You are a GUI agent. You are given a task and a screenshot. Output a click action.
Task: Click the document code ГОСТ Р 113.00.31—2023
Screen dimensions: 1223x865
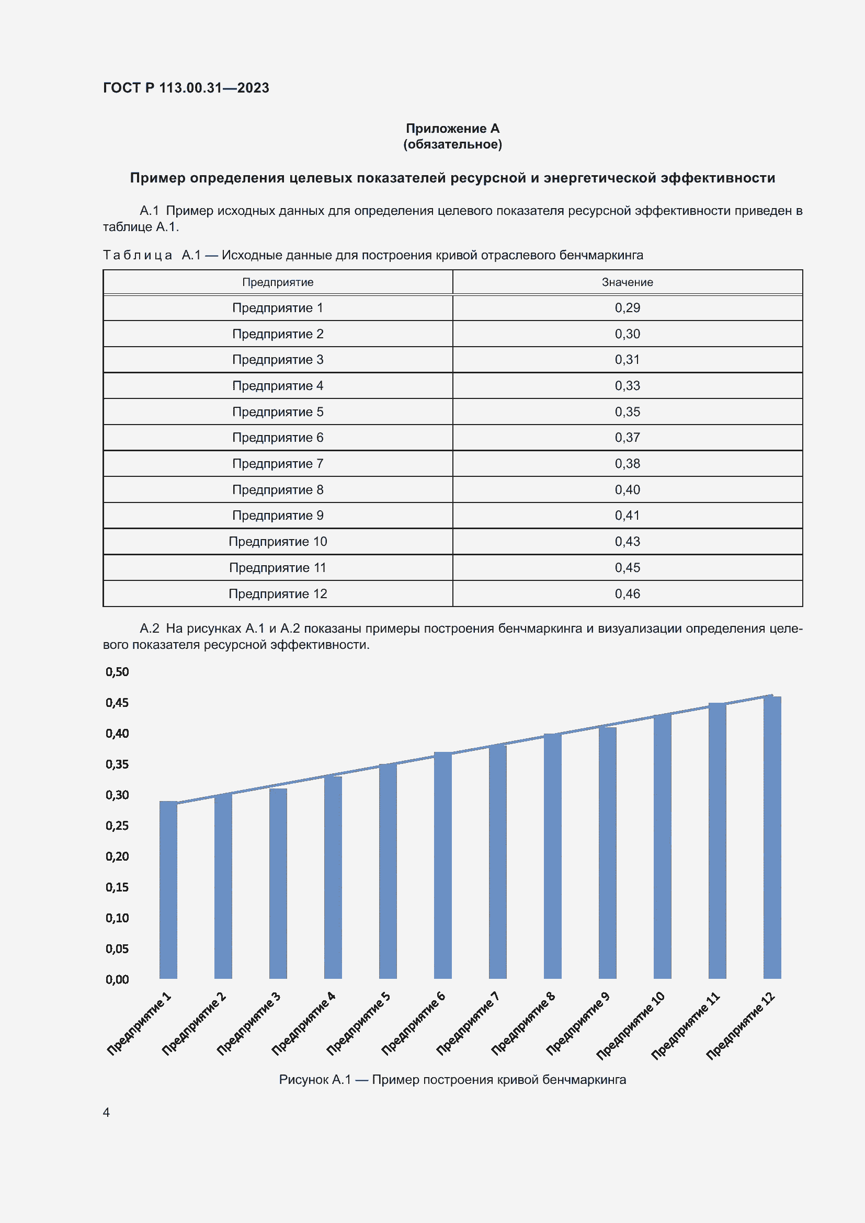[x=186, y=88]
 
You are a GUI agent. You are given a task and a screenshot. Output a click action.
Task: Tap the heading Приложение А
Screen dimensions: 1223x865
[x=452, y=129]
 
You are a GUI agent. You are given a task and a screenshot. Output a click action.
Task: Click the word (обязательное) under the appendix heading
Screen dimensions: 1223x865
[x=452, y=144]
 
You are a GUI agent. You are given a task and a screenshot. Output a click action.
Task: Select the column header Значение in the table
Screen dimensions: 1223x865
[x=627, y=282]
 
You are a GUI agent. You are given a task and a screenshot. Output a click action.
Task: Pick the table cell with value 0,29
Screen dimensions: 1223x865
[x=627, y=308]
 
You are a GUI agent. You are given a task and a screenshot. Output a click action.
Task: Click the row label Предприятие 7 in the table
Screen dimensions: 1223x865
[x=278, y=463]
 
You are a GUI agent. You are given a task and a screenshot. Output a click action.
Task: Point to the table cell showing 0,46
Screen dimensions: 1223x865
[x=627, y=593]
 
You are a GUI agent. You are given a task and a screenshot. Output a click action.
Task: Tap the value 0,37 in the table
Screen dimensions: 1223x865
[x=627, y=437]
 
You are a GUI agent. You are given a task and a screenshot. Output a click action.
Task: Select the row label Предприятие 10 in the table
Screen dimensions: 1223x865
[x=278, y=542]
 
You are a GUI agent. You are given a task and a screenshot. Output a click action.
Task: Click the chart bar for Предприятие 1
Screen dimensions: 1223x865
[x=168, y=889]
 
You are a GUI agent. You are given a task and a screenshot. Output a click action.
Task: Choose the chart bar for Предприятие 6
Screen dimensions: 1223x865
[x=442, y=865]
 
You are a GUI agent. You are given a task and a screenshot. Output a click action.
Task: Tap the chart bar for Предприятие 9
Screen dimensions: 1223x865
[x=607, y=852]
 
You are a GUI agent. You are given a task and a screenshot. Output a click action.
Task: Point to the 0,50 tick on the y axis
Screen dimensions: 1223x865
[x=117, y=672]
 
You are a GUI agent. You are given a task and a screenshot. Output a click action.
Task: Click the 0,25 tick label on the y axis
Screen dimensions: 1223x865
[x=117, y=826]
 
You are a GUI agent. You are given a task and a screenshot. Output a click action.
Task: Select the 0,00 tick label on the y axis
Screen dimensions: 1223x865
[x=117, y=979]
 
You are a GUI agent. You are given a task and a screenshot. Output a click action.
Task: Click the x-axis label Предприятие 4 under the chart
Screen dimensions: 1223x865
[x=304, y=1023]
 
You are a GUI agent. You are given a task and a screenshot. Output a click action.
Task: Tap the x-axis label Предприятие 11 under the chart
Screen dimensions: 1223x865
[x=686, y=1025]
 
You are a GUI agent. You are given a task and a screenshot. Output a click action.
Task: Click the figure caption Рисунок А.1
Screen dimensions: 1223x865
[x=452, y=1080]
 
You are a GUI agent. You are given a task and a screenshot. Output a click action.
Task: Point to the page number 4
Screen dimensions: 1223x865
[x=106, y=1113]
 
